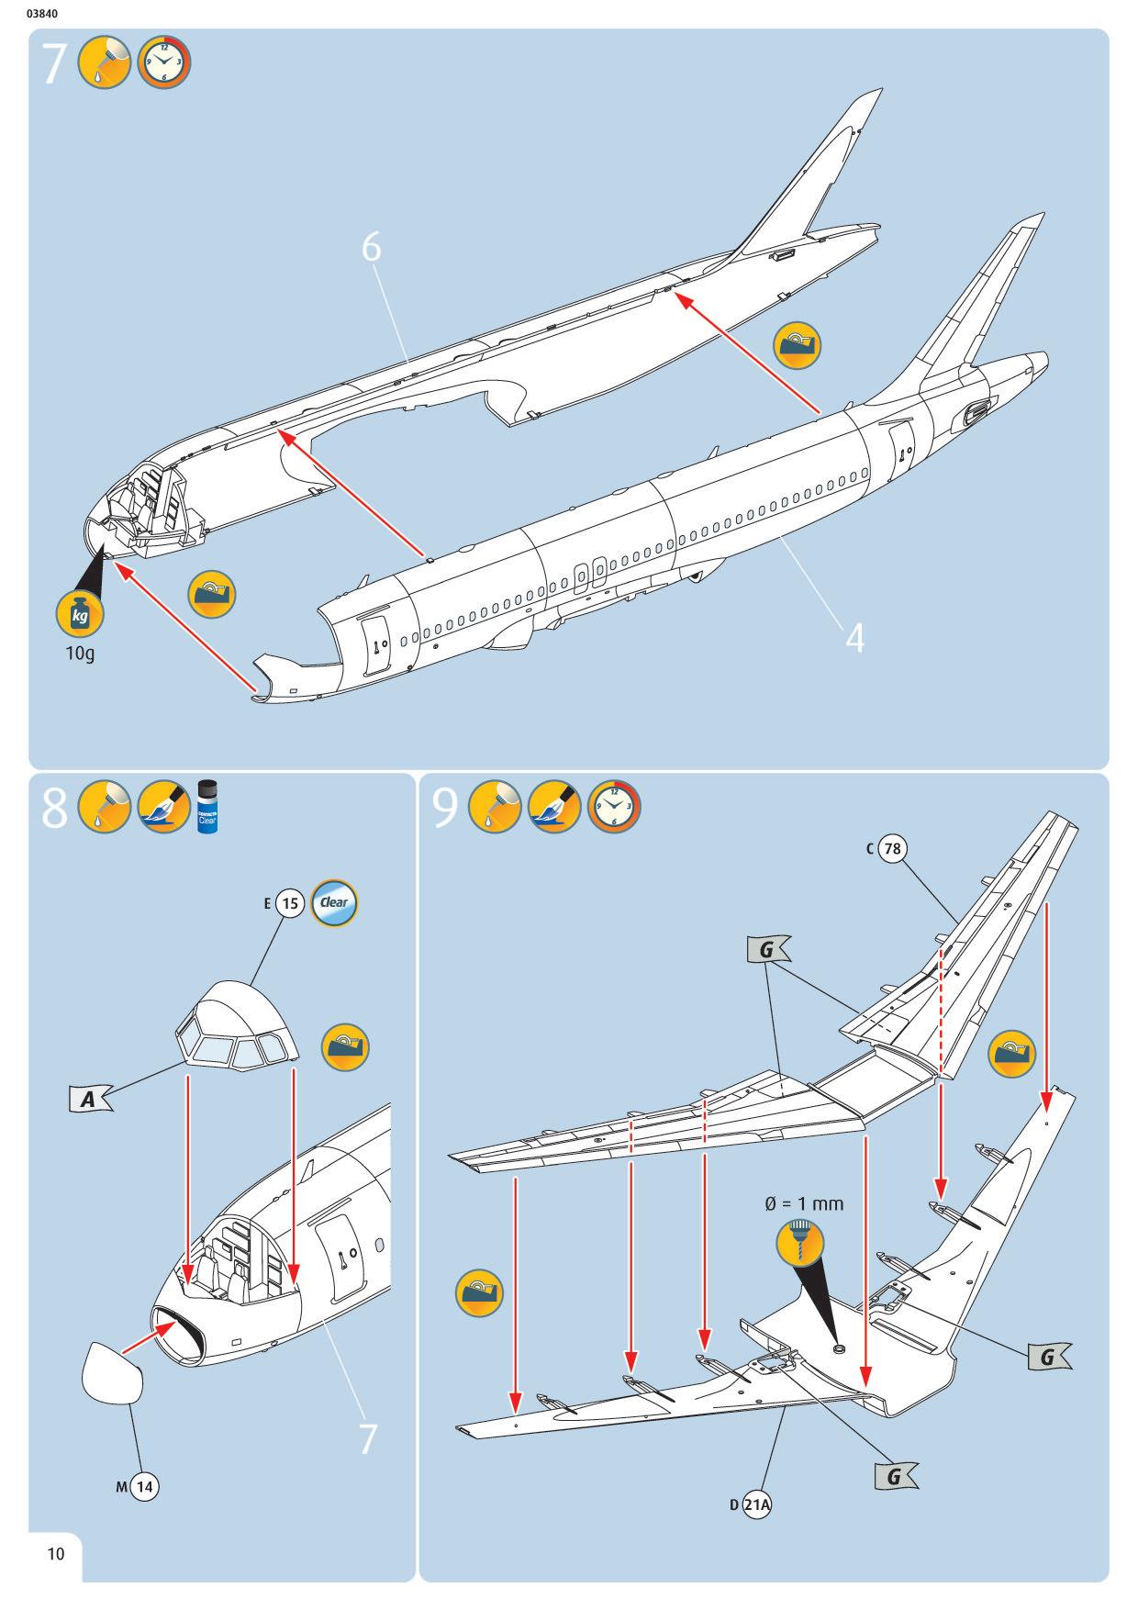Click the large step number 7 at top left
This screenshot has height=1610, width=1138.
tap(54, 64)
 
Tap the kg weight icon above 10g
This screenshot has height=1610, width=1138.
tap(80, 615)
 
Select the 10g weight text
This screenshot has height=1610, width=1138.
tap(80, 654)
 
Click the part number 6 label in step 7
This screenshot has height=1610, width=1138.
tap(371, 247)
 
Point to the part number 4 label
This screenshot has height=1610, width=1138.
tap(854, 638)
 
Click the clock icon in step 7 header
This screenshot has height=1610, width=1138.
tap(164, 64)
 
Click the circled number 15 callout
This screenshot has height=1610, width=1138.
tap(290, 903)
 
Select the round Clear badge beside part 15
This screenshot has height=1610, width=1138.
tap(334, 903)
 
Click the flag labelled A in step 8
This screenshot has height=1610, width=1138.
tap(88, 1098)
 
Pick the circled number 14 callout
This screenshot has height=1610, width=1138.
tap(144, 1486)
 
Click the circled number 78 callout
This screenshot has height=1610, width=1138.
tap(892, 848)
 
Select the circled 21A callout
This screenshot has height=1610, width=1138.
tap(757, 1504)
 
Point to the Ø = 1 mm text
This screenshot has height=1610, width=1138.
tap(804, 1202)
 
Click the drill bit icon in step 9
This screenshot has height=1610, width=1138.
tap(800, 1243)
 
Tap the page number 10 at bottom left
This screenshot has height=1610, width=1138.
tap(56, 1553)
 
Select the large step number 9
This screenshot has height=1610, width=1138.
tap(445, 809)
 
